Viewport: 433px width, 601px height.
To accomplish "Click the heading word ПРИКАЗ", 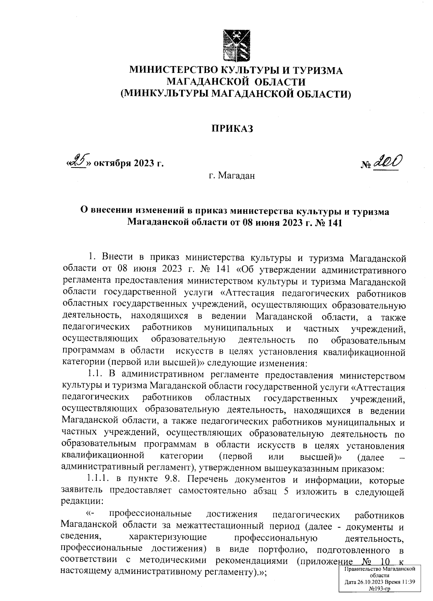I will tap(232, 128).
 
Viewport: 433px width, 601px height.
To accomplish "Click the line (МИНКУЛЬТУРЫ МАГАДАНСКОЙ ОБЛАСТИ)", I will tap(236, 94).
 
